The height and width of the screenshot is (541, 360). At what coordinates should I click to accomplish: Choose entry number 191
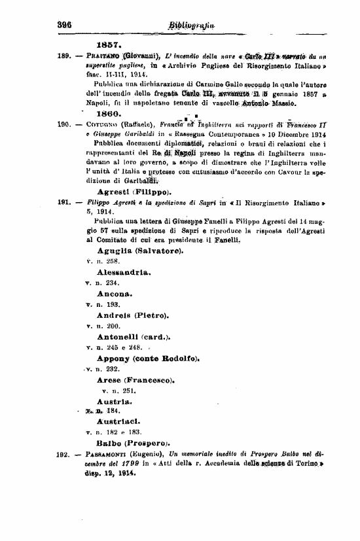coord(63,203)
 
